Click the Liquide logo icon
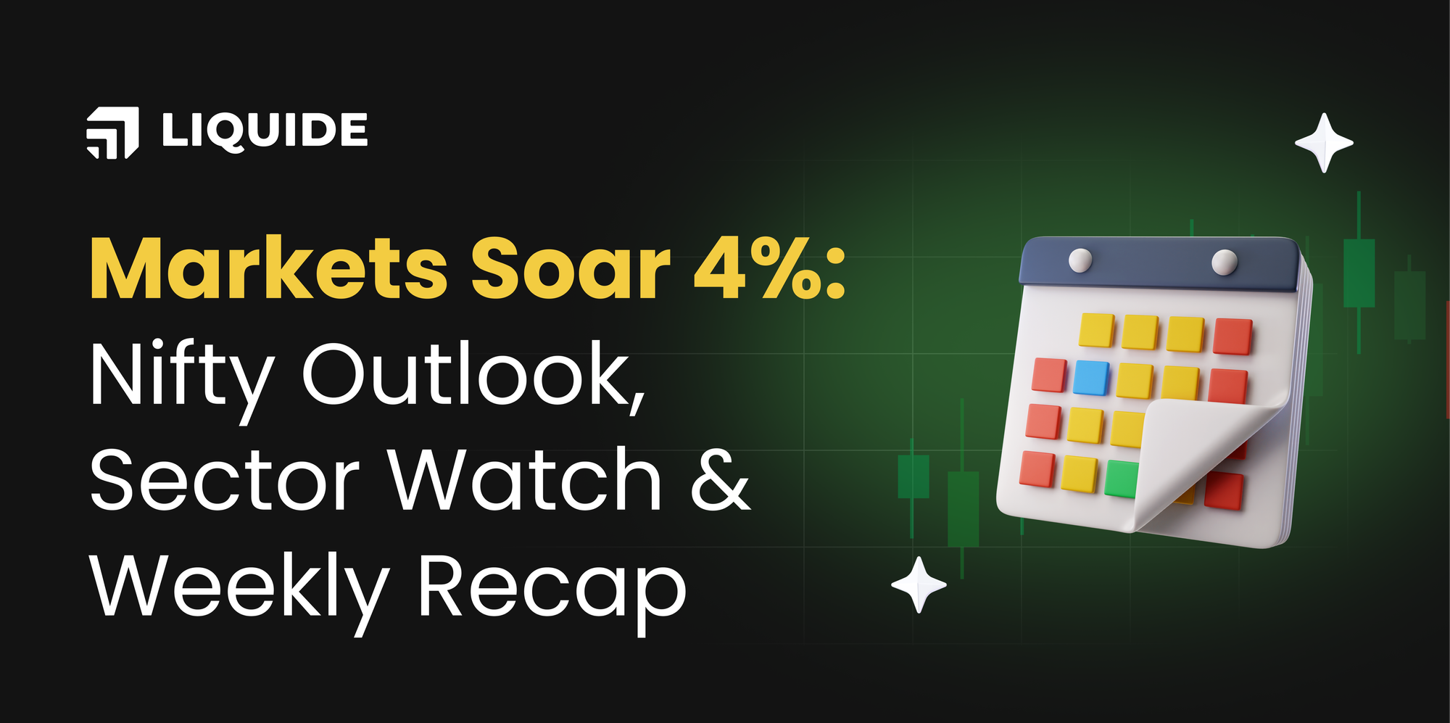pos(112,132)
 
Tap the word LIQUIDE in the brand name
pos(265,131)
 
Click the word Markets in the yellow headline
pos(269,269)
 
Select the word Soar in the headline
pos(571,269)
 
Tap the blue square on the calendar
pos(1090,378)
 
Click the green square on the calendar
pos(1121,479)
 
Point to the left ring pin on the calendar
pos(1080,260)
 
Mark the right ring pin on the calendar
pos(1225,262)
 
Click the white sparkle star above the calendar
pos(1324,143)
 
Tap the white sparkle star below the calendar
pos(919,584)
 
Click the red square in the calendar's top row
pos(1232,336)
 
